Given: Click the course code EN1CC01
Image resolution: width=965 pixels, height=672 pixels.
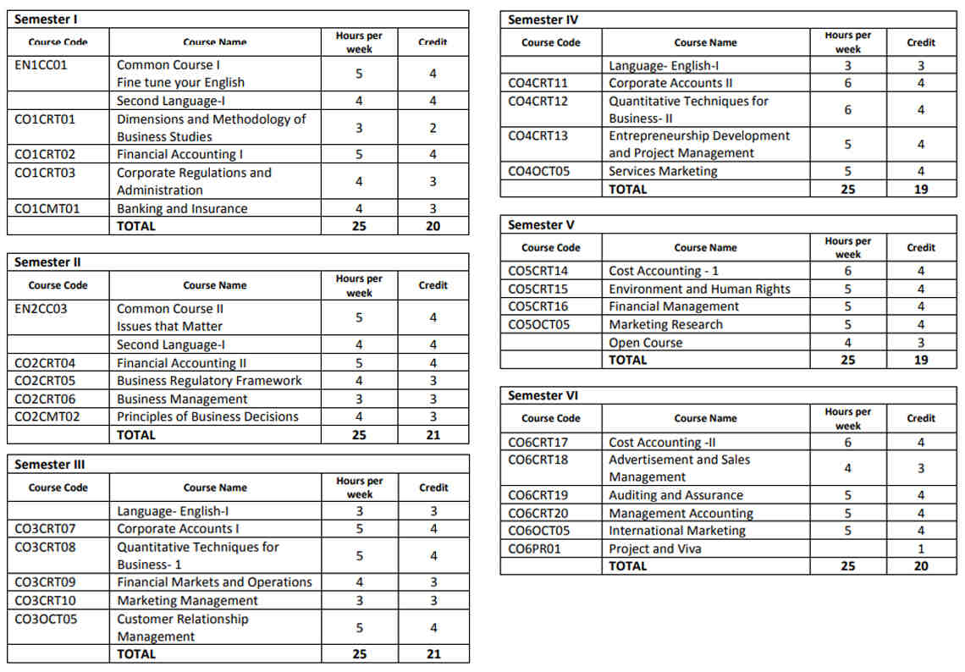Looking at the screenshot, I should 41,65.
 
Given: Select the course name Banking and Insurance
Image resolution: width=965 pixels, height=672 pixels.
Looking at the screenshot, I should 182,209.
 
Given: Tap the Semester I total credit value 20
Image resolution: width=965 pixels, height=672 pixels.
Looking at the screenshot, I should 433,226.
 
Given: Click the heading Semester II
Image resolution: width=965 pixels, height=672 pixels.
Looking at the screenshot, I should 48,262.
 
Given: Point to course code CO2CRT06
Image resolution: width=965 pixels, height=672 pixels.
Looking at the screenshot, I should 45,399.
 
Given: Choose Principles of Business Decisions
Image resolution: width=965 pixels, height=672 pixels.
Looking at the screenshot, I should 207,416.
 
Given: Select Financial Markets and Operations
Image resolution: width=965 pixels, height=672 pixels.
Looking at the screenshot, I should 214,582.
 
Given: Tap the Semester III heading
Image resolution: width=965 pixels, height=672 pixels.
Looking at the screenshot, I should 50,465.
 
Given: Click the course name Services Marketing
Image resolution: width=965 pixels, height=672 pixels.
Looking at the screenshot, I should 663,171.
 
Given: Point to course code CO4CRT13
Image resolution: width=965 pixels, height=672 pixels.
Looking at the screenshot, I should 538,135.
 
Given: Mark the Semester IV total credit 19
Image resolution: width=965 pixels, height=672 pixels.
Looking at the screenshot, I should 921,190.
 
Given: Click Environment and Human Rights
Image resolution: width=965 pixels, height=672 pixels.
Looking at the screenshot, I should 699,289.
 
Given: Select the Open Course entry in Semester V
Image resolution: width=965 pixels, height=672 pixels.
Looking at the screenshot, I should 645,343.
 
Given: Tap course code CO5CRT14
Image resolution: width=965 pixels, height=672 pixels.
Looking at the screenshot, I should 538,271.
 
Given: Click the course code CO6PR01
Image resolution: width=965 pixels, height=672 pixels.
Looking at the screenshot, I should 534,548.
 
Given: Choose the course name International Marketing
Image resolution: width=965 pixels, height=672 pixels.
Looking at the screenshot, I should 677,531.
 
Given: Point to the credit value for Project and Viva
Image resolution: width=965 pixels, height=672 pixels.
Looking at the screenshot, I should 921,548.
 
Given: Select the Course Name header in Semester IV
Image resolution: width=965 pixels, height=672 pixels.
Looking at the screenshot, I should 705,42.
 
